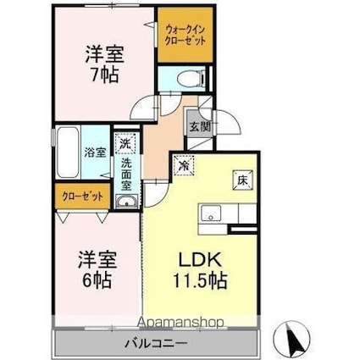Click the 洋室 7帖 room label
105,64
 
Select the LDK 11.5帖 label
200,269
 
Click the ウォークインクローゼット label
185,35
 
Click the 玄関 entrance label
200,127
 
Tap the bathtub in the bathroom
67,152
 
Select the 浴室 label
96,152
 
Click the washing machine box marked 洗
125,143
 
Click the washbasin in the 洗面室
127,202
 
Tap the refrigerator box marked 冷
184,165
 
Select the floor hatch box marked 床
242,180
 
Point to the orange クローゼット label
82,196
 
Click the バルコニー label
156,344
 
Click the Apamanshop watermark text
181,322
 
